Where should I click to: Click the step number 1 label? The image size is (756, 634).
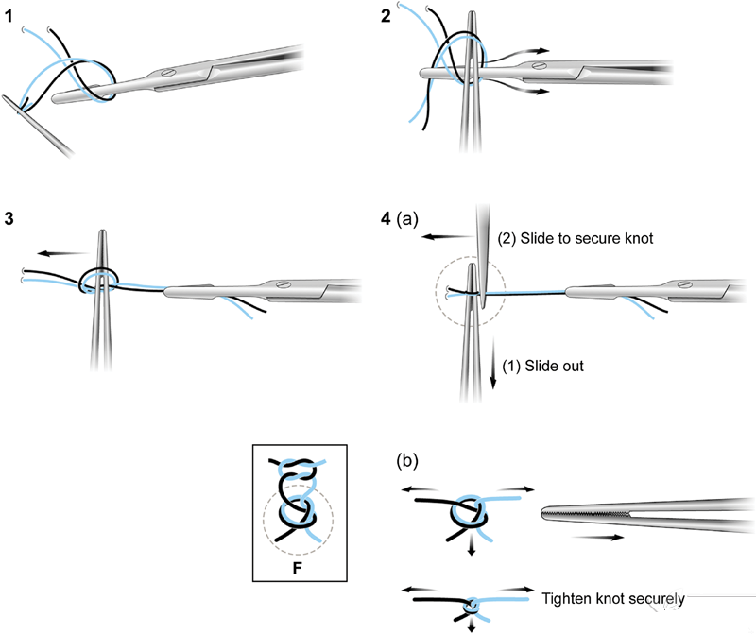point(9,17)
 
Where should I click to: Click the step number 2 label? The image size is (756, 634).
point(386,16)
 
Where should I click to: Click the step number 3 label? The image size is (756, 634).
point(9,219)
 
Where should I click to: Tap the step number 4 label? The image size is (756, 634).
point(386,219)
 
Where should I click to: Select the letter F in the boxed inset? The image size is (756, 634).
point(297,568)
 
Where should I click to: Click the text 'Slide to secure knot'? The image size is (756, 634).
point(586,238)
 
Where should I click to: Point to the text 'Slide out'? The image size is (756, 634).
point(554,366)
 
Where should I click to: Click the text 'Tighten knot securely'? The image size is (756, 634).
point(612,598)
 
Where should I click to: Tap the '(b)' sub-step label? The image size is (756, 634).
point(407,461)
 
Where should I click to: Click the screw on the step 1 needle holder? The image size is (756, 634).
point(168,74)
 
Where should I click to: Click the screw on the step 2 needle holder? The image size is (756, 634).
point(540,65)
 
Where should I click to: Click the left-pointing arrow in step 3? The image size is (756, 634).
point(64,253)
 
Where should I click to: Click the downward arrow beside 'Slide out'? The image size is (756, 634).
point(492,363)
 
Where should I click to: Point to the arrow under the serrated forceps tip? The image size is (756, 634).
point(598,537)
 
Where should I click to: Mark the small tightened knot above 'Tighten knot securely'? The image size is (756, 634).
point(471,605)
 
